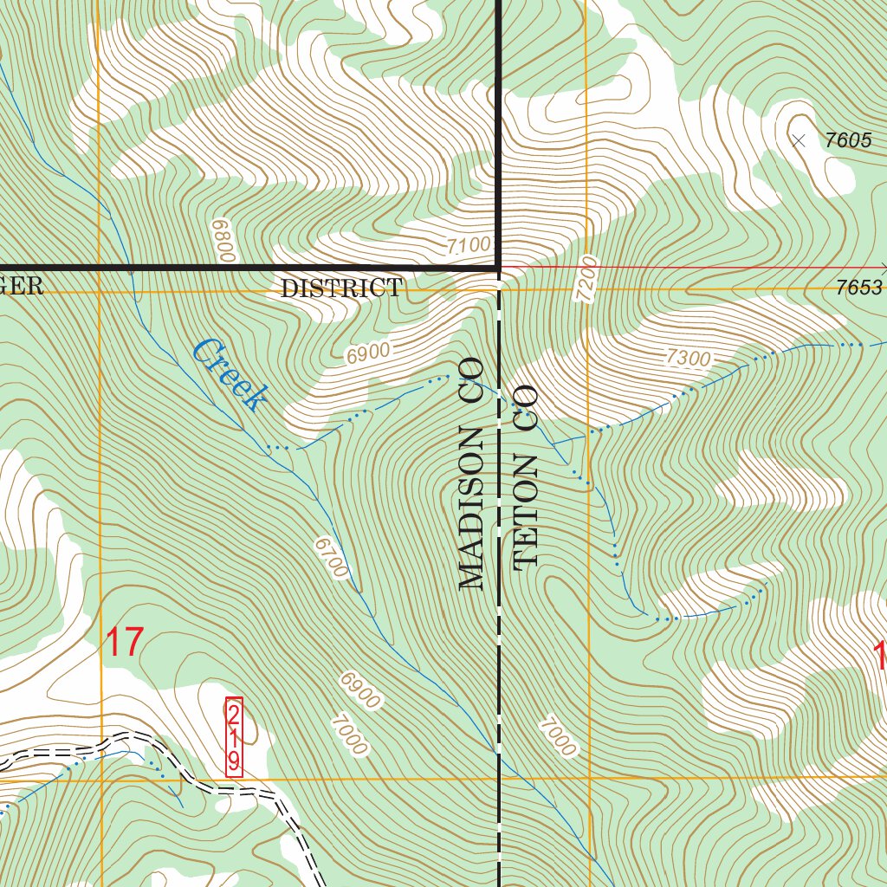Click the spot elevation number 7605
click(848, 140)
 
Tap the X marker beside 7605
click(799, 140)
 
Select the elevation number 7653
click(858, 289)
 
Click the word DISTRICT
click(341, 289)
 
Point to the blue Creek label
click(229, 374)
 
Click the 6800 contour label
click(223, 241)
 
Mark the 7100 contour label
click(469, 246)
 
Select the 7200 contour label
click(586, 278)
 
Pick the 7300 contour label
click(689, 358)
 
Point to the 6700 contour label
click(332, 559)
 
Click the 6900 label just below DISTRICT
click(367, 353)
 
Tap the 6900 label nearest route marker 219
click(359, 690)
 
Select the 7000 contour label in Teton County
click(556, 737)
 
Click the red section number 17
click(124, 644)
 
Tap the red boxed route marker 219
click(234, 737)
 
